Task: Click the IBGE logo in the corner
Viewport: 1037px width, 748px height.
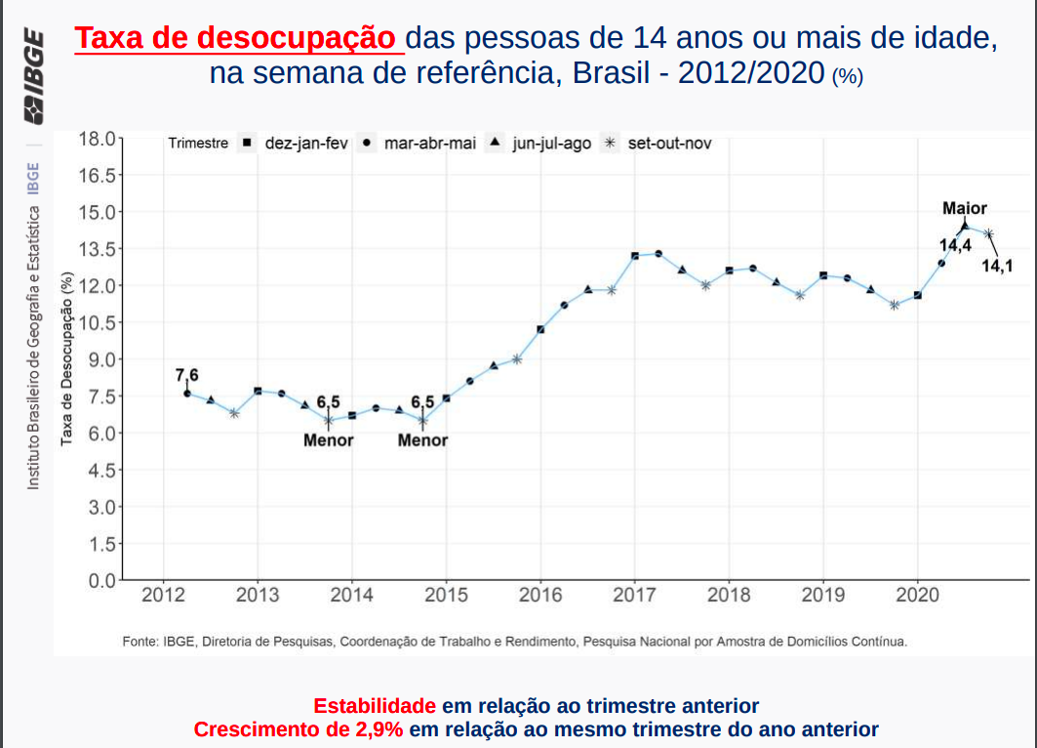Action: pos(33,77)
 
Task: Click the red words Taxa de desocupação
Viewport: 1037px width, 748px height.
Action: pos(238,38)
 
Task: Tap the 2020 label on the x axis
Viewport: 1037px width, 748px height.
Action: pos(917,594)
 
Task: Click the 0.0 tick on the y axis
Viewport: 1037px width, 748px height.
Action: pos(100,581)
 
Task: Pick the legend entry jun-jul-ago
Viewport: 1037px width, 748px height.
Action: pos(551,144)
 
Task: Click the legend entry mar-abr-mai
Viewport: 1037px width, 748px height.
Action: pos(430,144)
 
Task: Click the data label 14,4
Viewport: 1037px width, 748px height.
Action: pos(955,245)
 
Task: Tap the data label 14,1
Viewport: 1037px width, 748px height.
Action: pos(997,266)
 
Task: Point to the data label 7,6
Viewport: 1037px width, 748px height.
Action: pos(186,375)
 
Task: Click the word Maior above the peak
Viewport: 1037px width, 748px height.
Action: pos(965,208)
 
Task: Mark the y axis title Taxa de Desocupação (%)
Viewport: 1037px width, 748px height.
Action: pos(67,358)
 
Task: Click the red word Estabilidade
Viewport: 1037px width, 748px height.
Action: pos(375,705)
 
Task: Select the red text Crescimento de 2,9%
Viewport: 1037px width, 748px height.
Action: pos(299,729)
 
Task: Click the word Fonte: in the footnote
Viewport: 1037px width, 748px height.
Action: pos(140,642)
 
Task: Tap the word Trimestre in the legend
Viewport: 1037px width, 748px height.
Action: pos(198,144)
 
